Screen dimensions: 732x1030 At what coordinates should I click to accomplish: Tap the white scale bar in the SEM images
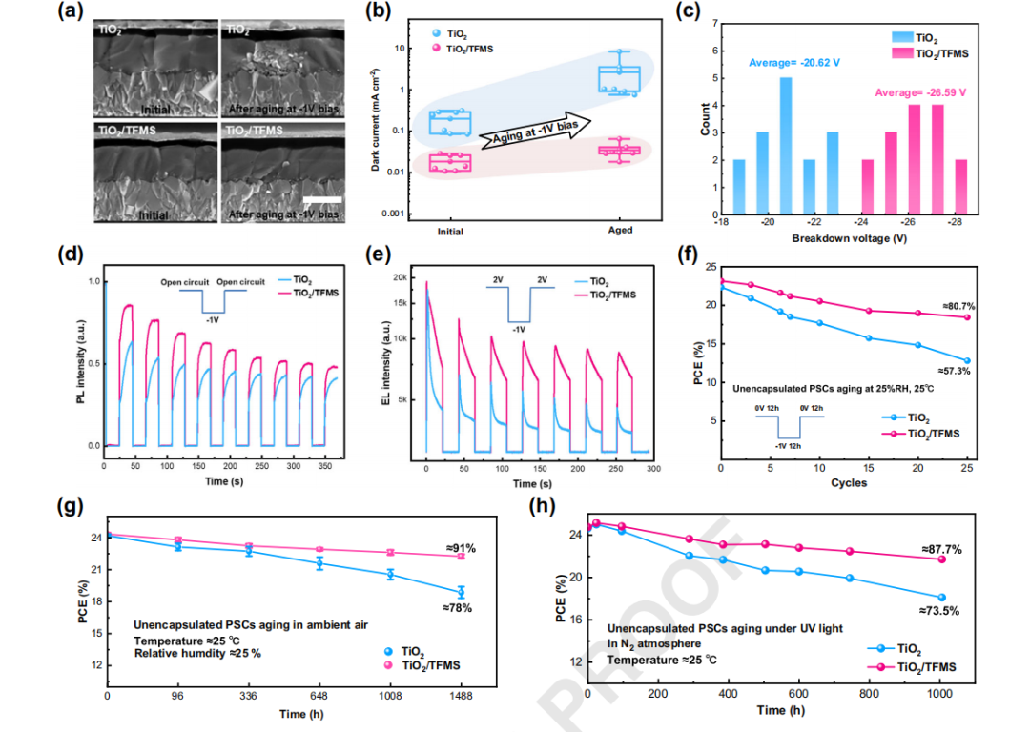[x=322, y=199]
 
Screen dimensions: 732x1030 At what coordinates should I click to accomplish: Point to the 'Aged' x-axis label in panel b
[x=619, y=232]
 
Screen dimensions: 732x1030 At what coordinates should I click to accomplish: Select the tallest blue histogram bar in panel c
[x=785, y=120]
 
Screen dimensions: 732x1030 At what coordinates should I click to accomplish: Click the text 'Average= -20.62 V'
[x=794, y=63]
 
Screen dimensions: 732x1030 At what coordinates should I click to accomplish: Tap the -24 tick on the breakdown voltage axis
[x=867, y=220]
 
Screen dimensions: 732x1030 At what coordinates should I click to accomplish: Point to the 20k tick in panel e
[x=403, y=276]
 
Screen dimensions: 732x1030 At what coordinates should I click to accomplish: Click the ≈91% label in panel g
[x=461, y=548]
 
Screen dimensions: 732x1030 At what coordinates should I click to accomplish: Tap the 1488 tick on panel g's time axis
[x=461, y=697]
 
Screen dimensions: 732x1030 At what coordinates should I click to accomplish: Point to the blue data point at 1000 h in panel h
[x=941, y=598]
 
